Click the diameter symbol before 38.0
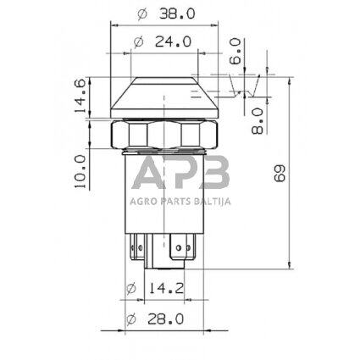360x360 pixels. pyautogui.click(x=140, y=14)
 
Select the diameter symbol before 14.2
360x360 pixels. pyautogui.click(x=131, y=288)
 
